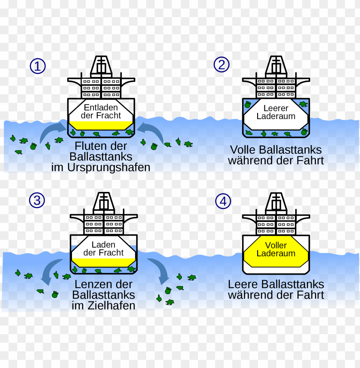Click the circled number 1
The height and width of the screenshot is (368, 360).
coord(38,66)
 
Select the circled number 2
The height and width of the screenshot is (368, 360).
coord(222,65)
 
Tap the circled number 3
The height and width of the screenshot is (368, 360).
coord(37,200)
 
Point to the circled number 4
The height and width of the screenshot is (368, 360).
coord(223,201)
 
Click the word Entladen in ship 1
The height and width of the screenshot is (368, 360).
coord(101,108)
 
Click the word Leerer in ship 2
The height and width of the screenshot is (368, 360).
coord(276,108)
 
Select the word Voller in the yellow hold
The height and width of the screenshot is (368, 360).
coord(276,245)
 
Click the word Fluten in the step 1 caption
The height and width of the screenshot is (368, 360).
coord(89,145)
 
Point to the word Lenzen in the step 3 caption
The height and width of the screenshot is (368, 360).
coord(90,284)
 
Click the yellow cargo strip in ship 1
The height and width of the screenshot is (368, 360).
coord(101,125)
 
